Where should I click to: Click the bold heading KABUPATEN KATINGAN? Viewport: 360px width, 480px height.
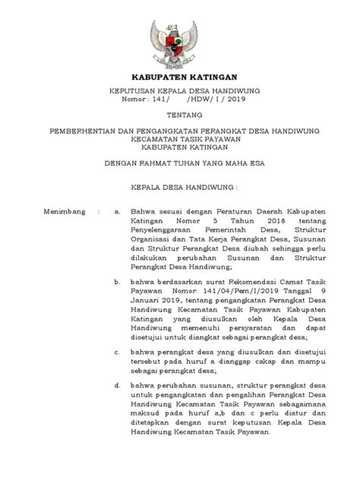(x=180, y=76)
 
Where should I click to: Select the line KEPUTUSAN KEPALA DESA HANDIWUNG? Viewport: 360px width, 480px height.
(x=180, y=93)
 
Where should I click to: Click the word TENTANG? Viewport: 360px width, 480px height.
(x=180, y=121)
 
